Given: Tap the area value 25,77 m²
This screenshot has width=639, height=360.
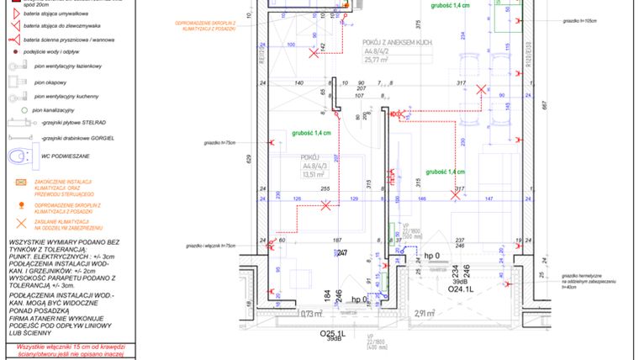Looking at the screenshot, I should tap(376, 61).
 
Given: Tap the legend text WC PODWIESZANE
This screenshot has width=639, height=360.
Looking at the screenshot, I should tap(64, 156).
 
